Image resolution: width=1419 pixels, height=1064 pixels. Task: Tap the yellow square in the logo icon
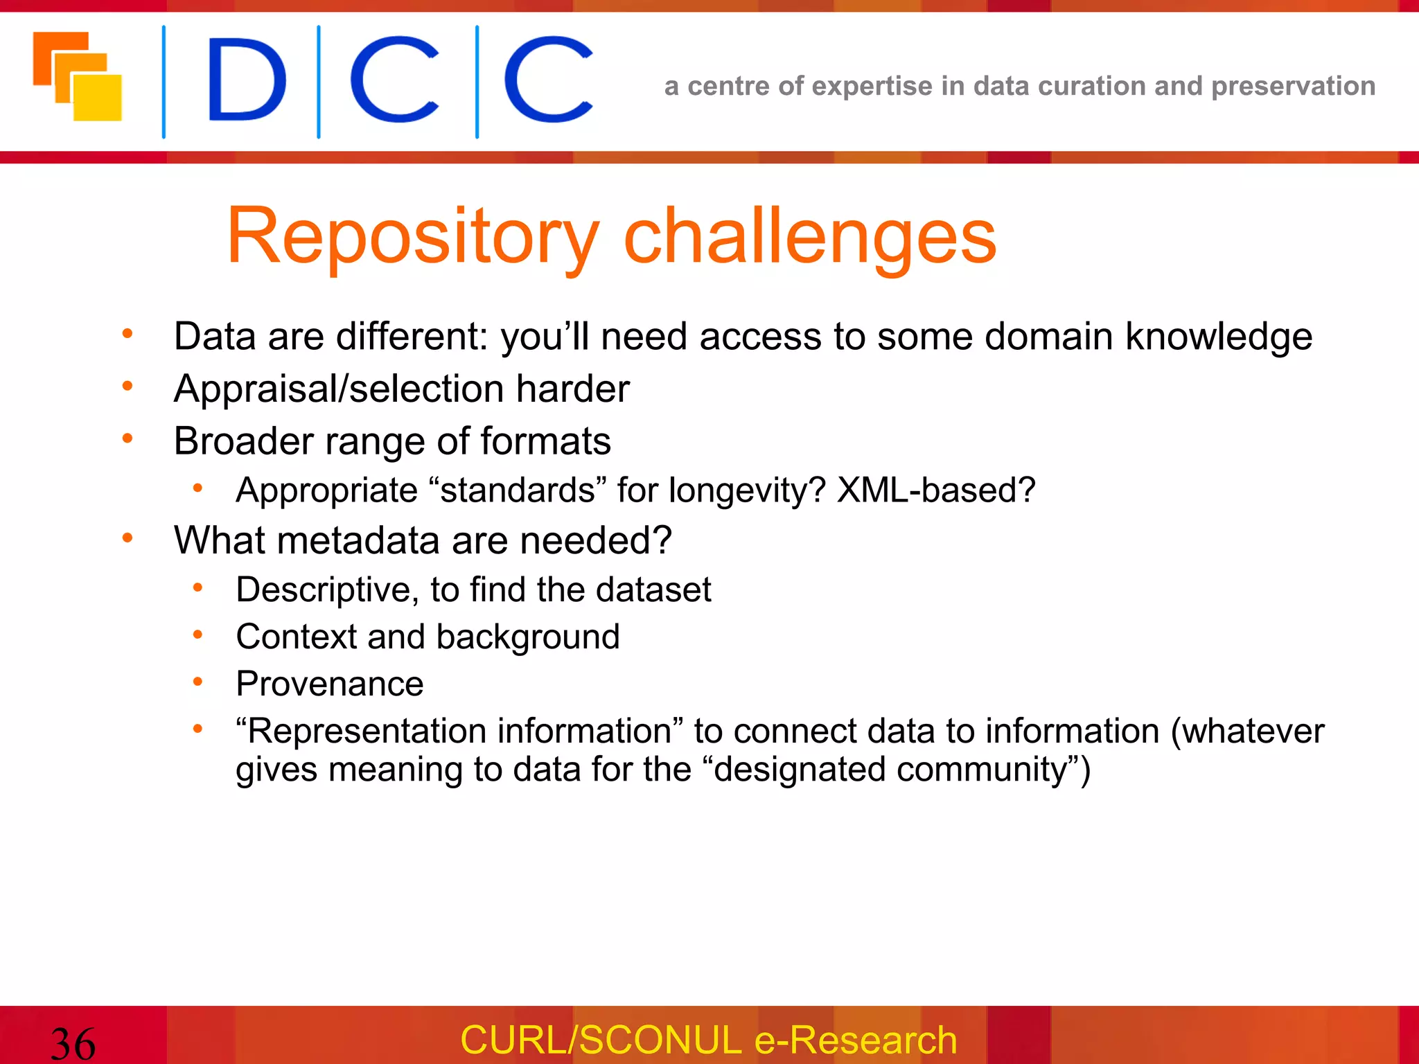click(x=98, y=98)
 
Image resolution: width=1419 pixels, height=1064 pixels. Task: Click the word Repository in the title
click(x=413, y=238)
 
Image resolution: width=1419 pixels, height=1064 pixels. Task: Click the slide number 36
click(x=73, y=1043)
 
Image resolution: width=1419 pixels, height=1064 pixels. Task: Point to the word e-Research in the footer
click(x=856, y=1040)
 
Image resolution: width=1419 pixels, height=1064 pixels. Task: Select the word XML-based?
click(x=936, y=490)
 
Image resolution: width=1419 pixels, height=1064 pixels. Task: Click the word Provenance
click(x=330, y=684)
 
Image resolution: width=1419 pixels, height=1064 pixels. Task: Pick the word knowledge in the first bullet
click(x=1218, y=337)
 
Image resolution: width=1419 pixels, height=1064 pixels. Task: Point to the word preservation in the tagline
click(x=1293, y=87)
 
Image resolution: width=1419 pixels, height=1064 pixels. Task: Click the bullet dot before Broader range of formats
click(x=127, y=438)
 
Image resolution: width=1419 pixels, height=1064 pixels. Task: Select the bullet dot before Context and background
click(x=197, y=635)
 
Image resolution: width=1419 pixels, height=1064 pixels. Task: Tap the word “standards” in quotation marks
click(x=518, y=490)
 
